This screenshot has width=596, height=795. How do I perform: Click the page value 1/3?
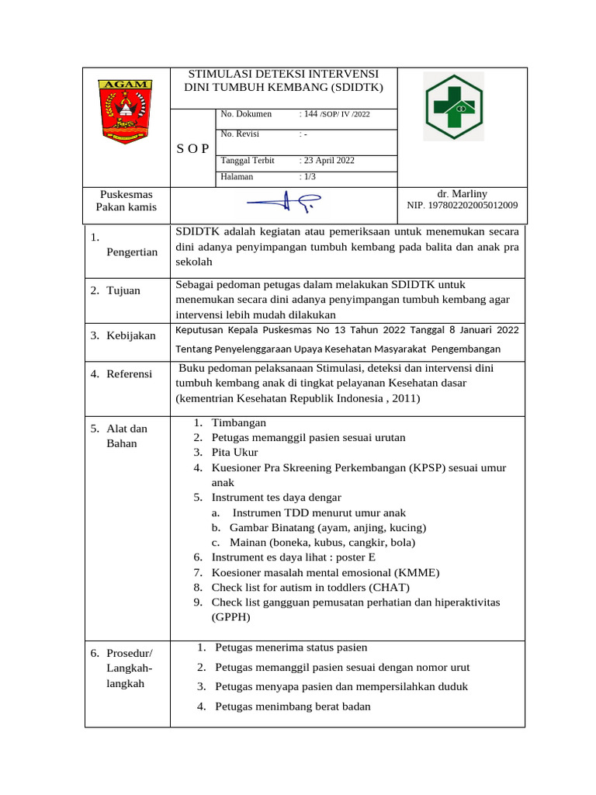coord(310,177)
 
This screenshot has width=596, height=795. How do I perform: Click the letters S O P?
coord(192,149)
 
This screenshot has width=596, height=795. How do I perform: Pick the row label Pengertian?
coord(132,252)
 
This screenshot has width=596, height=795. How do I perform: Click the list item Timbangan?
coord(238,423)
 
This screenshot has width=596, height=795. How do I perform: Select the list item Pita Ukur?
coord(236,452)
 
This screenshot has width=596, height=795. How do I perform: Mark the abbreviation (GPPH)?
coord(231,618)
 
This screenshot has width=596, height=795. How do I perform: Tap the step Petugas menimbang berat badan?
coord(293,706)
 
